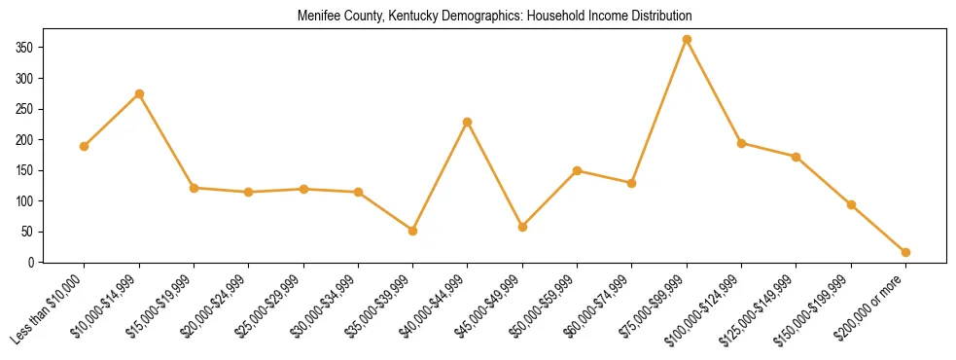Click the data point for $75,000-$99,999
(x=687, y=40)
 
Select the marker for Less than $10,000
(x=85, y=147)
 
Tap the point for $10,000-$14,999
(x=139, y=94)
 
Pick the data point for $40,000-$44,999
(x=468, y=123)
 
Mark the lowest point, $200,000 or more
(x=905, y=253)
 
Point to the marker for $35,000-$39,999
(x=412, y=232)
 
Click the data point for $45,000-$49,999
(x=522, y=228)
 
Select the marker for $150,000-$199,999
(x=851, y=205)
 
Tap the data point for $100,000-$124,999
(x=741, y=144)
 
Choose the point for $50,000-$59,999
(x=577, y=171)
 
